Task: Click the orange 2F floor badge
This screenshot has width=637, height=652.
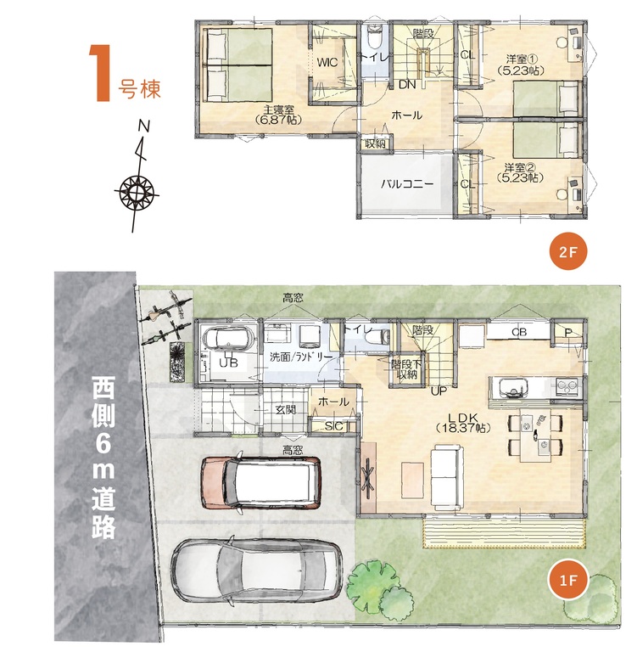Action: (568, 251)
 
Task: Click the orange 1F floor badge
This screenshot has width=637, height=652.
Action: (568, 580)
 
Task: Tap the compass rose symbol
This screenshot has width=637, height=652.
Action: (137, 193)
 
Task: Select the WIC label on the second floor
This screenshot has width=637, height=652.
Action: (327, 63)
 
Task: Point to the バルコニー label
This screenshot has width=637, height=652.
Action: (407, 183)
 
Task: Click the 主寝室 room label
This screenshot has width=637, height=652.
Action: (279, 110)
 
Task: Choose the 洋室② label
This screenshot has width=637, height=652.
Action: (521, 167)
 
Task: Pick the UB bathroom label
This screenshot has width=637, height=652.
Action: (228, 363)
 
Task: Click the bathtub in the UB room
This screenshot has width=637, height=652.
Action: (226, 338)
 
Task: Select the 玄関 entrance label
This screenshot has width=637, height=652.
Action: (286, 409)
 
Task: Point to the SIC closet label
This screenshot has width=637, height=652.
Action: (333, 426)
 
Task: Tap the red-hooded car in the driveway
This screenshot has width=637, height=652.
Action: (261, 482)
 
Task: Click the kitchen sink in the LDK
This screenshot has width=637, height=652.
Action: (510, 388)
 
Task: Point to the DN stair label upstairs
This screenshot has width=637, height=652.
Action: (407, 84)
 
